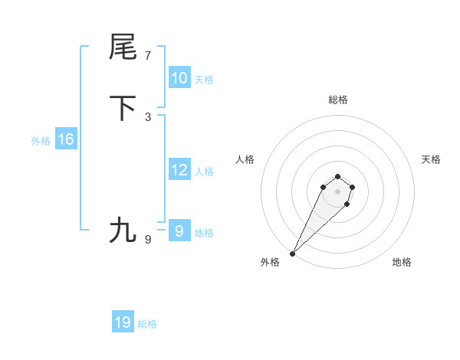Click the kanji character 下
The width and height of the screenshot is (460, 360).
pos(123,108)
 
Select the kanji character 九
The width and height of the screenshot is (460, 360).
pos(123,230)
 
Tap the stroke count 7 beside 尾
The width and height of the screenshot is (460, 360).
pos(148,56)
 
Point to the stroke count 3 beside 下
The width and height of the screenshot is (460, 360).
pos(148,117)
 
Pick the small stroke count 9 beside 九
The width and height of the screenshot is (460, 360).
pos(148,240)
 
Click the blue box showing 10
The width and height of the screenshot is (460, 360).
pos(179,78)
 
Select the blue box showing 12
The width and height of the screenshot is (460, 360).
pos(179,170)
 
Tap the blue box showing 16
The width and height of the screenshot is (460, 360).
pos(65,139)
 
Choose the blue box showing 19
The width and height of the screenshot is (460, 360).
pos(123,322)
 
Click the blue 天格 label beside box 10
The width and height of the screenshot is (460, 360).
pos(203,80)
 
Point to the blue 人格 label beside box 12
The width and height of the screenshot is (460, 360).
pos(204,172)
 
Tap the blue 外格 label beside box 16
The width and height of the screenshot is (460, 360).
pos(41,141)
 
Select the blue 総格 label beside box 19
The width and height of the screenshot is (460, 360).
pos(147,324)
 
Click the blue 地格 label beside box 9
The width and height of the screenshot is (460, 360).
pos(204,233)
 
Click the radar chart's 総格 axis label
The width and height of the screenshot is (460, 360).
pos(338,100)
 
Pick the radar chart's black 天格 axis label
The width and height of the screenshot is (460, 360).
pos(431,159)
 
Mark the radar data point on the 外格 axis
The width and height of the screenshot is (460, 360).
pos(293,253)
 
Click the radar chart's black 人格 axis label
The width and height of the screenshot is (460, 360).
pos(245,159)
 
